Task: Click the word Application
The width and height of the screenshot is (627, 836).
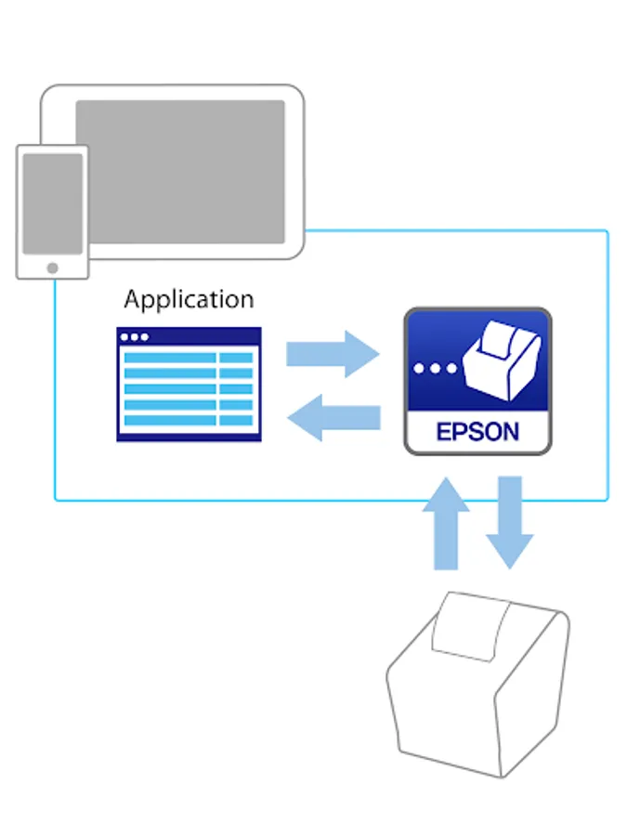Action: (x=189, y=300)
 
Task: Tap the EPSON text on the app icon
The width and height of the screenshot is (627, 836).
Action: (x=477, y=433)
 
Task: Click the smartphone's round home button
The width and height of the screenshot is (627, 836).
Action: (x=52, y=268)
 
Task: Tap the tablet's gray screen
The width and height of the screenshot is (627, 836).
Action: (x=180, y=171)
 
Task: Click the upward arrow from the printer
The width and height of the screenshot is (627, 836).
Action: (x=447, y=525)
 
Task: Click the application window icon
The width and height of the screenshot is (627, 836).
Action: (x=189, y=385)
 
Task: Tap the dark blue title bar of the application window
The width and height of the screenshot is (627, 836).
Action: (x=189, y=336)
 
